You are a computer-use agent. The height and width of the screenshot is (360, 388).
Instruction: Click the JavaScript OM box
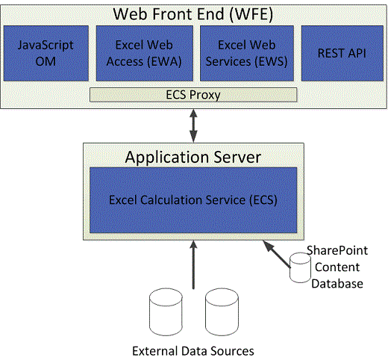pyautogui.click(x=46, y=54)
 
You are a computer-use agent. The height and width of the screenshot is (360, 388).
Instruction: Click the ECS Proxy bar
pyautogui.click(x=193, y=95)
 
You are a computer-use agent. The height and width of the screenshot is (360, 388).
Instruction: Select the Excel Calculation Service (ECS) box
pyautogui.click(x=193, y=199)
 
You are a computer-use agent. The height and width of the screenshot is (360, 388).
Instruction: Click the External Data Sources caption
pyautogui.click(x=193, y=350)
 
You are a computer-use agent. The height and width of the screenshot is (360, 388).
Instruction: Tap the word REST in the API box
pyautogui.click(x=329, y=54)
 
